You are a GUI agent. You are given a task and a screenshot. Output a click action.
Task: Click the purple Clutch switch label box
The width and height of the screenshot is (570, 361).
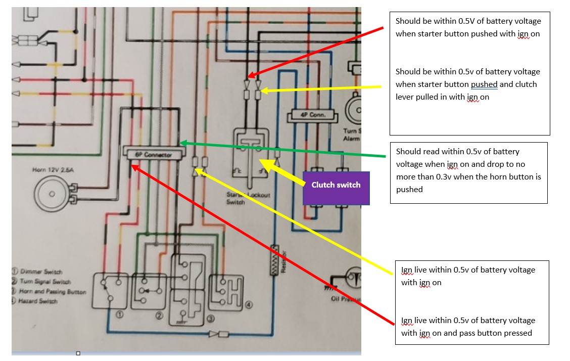coord(336,185)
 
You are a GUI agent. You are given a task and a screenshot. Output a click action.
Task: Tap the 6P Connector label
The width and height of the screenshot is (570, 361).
coord(154,154)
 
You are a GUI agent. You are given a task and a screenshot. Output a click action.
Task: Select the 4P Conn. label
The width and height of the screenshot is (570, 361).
coord(313,115)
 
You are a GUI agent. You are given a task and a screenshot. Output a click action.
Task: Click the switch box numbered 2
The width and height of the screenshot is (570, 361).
coord(149,290)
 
